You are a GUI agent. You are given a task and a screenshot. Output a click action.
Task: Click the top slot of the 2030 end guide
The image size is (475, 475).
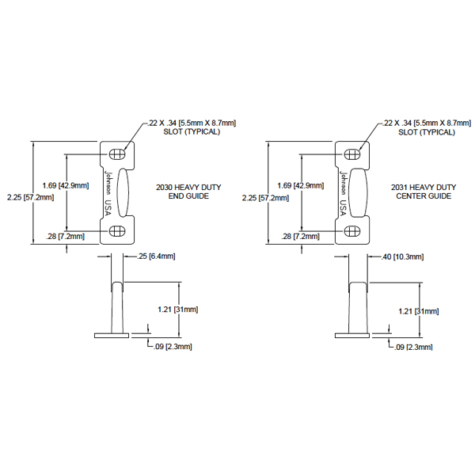tap(117, 154)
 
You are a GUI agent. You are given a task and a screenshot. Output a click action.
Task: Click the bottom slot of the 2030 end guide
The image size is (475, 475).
tap(117, 232)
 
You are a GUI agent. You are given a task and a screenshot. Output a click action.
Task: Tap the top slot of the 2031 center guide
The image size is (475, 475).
tap(352, 154)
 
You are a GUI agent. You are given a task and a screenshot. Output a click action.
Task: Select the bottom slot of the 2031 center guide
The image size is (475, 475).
tap(352, 232)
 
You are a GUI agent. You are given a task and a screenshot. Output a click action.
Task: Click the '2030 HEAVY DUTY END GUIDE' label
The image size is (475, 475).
tap(188, 192)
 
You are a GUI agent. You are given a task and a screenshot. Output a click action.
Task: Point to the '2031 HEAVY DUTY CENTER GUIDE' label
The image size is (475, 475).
tap(424, 192)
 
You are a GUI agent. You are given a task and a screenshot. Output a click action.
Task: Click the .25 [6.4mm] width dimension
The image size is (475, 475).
tap(156, 256)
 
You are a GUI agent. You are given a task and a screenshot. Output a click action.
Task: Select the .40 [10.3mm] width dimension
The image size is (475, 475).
tap(402, 256)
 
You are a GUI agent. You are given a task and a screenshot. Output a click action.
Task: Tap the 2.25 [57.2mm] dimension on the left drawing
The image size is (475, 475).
tap(31, 197)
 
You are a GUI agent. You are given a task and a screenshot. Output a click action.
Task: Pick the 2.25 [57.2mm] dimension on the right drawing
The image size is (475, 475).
tap(265, 198)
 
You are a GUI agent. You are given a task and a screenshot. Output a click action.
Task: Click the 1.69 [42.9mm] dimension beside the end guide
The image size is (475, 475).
tap(66, 185)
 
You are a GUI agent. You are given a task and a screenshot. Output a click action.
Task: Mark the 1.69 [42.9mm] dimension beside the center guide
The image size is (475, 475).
tap(301, 185)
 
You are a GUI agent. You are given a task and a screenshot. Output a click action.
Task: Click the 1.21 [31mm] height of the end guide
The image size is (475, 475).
tap(178, 310)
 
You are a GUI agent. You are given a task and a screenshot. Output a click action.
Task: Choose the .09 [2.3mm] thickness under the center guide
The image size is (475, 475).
tap(413, 348)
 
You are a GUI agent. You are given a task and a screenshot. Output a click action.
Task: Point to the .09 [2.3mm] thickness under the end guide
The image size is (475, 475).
tap(173, 347)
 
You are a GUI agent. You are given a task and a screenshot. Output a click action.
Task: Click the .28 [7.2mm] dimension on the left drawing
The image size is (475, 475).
tap(66, 236)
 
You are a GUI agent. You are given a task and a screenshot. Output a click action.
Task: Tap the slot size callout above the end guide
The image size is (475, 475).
tap(192, 127)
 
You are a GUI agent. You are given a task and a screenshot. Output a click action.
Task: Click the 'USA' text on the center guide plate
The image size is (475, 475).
tap(343, 207)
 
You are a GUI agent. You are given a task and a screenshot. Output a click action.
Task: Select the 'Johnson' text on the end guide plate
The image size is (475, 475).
tap(108, 183)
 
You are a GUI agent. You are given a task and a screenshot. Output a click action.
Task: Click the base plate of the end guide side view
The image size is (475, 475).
tap(112, 336)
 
